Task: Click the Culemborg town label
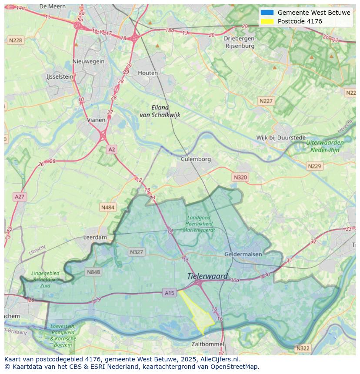coord(196,159)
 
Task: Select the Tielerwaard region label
coord(207,276)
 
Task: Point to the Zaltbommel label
coord(208,344)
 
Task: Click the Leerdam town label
coord(95,238)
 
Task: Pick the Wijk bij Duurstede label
coord(281,138)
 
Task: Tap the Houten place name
coord(148,73)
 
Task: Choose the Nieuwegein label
coord(89,61)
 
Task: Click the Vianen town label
coord(96,120)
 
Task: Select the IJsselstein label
coord(60,76)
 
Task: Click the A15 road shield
coord(170,293)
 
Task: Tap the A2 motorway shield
coord(112,149)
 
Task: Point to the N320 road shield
coord(240,177)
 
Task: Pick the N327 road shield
coord(136,252)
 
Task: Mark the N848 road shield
coord(93,272)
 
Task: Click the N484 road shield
coord(107,208)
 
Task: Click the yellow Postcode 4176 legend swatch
coord(267,21)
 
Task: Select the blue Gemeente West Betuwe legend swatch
coord(267,13)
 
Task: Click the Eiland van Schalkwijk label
coord(160,111)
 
